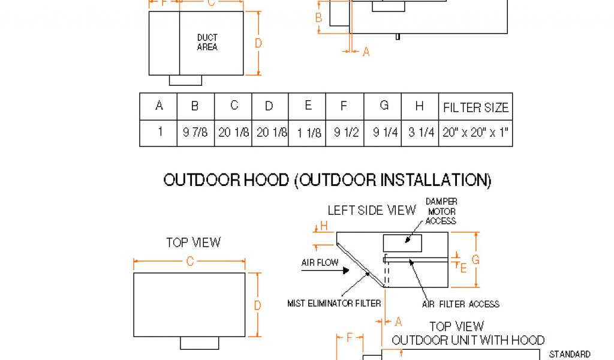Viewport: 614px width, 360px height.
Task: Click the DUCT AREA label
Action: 207,42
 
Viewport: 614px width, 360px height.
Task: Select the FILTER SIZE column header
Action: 475,107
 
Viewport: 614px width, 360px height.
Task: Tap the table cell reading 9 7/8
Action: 195,133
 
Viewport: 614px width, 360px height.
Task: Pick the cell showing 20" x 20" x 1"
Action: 475,133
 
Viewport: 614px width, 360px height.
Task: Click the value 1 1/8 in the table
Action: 307,133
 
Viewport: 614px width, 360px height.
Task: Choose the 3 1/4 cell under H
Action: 421,133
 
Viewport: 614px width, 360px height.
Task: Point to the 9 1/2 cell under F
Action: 345,133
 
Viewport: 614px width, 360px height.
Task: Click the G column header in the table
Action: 384,106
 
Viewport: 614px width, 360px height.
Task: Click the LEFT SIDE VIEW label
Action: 371,210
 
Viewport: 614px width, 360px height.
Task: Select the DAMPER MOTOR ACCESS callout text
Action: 441,211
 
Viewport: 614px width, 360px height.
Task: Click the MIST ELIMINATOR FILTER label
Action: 334,304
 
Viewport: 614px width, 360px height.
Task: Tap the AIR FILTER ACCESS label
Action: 460,304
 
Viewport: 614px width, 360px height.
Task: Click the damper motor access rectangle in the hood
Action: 402,243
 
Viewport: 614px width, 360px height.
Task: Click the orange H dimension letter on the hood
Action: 324,226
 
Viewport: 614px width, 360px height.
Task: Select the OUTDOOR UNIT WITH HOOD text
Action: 468,340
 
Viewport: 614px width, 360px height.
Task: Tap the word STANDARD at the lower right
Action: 570,354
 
